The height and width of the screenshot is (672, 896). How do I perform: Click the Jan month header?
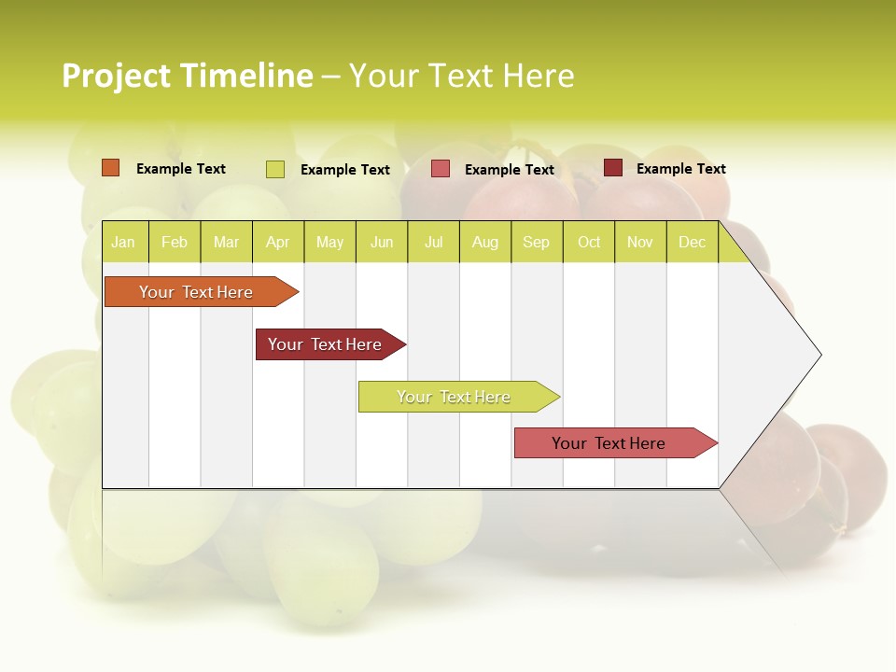tap(124, 243)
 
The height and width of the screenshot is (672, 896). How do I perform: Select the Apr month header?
tap(278, 243)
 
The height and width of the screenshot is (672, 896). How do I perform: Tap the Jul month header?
tap(433, 243)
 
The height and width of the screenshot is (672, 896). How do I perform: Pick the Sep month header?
tap(537, 243)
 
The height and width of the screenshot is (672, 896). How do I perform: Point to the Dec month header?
tap(692, 243)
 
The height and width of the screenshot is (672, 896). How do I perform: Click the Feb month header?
tap(175, 243)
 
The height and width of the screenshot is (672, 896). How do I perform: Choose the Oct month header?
tap(589, 243)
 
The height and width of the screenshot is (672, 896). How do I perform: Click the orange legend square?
tap(111, 168)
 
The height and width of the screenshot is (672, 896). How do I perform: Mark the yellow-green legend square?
tap(275, 169)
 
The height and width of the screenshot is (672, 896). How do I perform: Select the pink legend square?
tap(441, 169)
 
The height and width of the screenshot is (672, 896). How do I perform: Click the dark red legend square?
tap(613, 168)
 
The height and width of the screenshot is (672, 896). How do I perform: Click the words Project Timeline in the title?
tap(187, 76)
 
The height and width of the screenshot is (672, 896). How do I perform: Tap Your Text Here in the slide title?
tap(461, 76)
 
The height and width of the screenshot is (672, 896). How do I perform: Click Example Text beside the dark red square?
tap(680, 169)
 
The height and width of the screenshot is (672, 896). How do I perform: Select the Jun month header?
tap(382, 243)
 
